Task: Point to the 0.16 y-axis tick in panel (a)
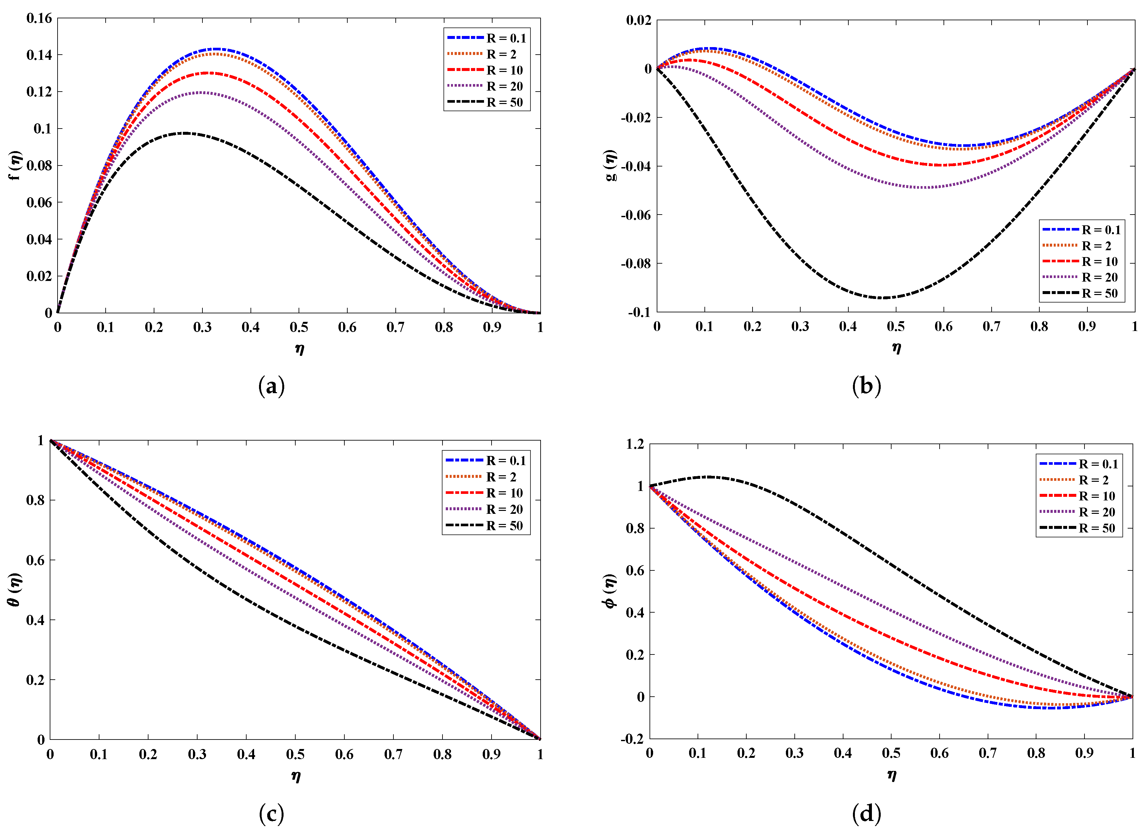click(39, 18)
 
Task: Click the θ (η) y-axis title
click(15, 590)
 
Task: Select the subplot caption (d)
click(866, 814)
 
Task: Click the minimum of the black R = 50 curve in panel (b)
click(881, 298)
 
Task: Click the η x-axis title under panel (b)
click(896, 348)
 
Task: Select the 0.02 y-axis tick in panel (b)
click(638, 20)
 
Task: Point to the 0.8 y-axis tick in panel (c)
click(35, 500)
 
